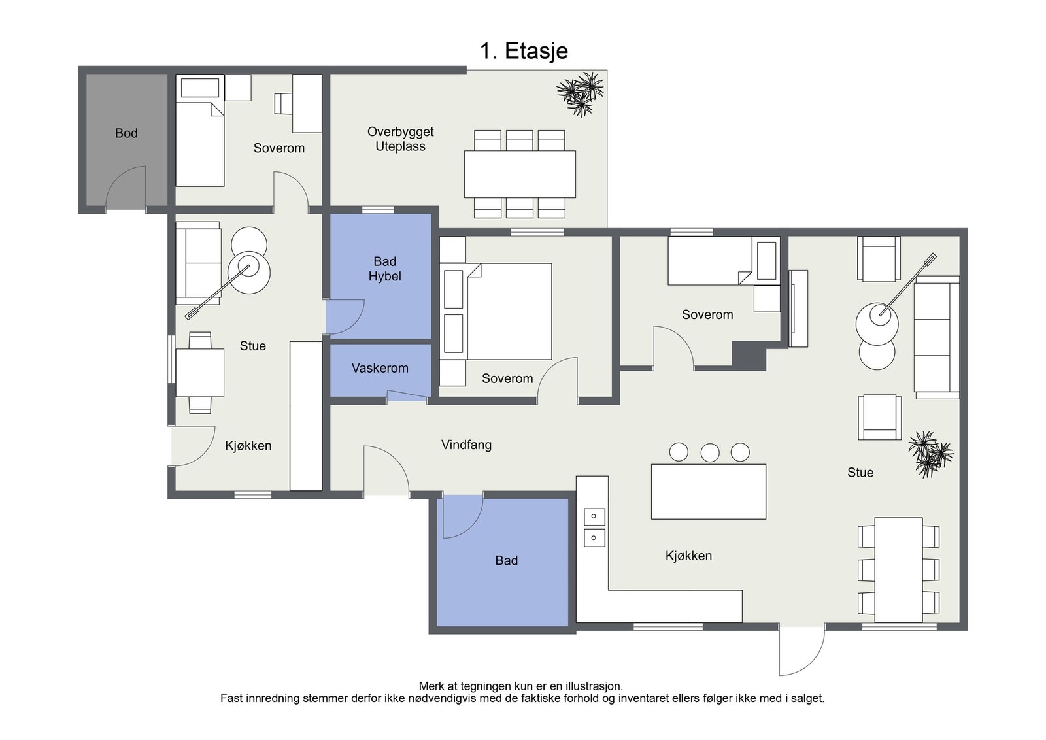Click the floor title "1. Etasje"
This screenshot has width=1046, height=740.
pos(524,51)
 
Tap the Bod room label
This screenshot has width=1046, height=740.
pos(126,133)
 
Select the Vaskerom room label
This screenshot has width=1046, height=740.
pos(380,368)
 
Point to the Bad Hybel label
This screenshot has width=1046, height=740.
pos(385,269)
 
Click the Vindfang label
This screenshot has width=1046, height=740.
pos(467,445)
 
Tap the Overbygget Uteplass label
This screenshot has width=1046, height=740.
pos(401,139)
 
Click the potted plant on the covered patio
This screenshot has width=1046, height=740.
pos(581,94)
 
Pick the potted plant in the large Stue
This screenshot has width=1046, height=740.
pos(931,454)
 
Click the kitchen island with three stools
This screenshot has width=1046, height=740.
pos(709,491)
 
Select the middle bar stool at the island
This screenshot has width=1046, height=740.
pos(710,452)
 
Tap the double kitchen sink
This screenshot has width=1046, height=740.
pos(594,528)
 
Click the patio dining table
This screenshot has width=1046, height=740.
pos(520,174)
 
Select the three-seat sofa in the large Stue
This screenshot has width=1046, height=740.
pos(936,337)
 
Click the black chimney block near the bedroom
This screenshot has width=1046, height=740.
pos(749,356)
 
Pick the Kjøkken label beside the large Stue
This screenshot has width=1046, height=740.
pos(688,556)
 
